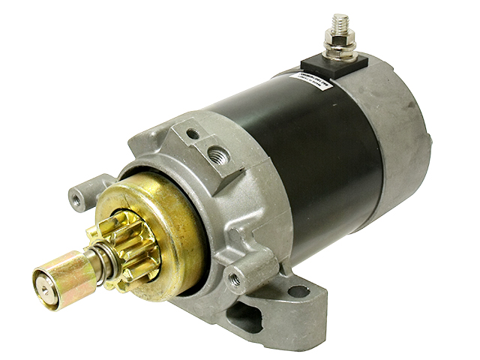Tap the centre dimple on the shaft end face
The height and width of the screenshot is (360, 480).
point(40,284)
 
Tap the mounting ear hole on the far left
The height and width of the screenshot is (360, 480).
point(77,198)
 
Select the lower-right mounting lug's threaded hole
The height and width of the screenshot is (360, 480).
point(236,276)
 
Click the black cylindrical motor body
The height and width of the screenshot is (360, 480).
point(315,150)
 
